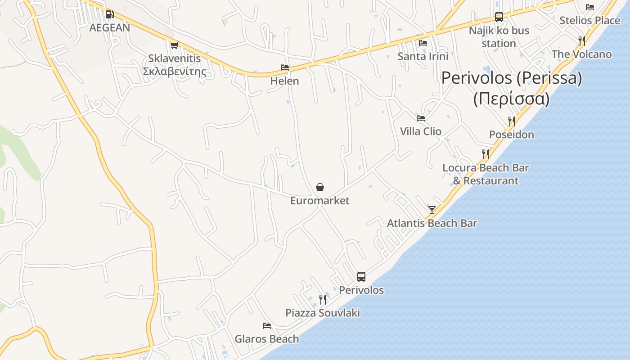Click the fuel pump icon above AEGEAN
[x=109, y=14]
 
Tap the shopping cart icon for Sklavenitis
[x=174, y=45]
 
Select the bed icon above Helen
[x=285, y=67]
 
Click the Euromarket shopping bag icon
[x=320, y=187]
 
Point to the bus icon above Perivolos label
[x=361, y=276]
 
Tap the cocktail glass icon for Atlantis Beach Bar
[x=432, y=210]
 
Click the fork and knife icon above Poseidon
[x=512, y=121]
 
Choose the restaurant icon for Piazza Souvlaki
[x=323, y=299]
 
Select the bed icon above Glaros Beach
[x=267, y=325]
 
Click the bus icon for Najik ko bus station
[x=499, y=17]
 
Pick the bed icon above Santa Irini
[x=423, y=43]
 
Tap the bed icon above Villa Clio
[x=421, y=118]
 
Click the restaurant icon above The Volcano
[x=582, y=41]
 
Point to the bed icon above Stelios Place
[x=590, y=7]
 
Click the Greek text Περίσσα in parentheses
[x=512, y=99]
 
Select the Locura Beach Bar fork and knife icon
[x=486, y=154]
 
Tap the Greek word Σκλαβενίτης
[x=175, y=71]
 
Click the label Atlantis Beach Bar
[x=432, y=223]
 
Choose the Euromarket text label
[x=319, y=201]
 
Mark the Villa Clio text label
[x=421, y=131]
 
